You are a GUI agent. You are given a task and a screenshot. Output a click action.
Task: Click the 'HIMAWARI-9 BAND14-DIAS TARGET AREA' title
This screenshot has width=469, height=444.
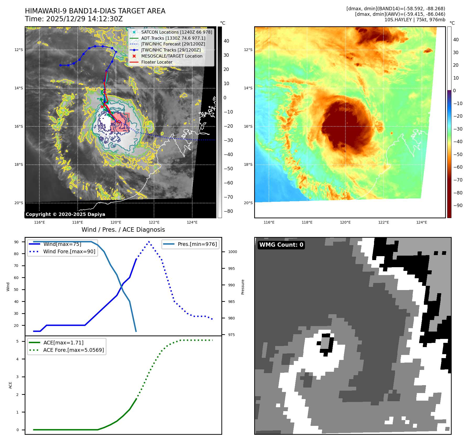tap(95, 11)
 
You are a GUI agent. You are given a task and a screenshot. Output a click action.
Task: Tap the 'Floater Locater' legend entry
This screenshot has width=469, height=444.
tap(157, 62)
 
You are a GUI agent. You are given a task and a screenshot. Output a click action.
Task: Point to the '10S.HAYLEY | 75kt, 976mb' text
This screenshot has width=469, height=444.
tap(415, 20)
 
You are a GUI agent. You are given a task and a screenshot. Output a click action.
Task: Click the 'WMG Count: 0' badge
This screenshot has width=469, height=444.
tap(281, 245)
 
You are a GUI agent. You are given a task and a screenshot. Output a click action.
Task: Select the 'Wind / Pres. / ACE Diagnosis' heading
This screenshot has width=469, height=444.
tap(123, 230)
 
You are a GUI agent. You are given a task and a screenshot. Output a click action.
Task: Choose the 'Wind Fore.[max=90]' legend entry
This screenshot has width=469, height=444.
tap(69, 251)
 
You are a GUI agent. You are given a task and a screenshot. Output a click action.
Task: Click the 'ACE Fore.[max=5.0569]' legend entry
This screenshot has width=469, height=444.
tap(73, 350)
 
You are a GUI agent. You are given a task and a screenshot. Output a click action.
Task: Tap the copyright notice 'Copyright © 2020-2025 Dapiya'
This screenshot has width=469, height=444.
tap(65, 214)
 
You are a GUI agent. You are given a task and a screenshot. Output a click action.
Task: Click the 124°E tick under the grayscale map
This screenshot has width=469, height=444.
tap(192, 222)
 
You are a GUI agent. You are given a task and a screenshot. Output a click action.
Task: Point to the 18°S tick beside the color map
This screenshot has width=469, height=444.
tap(248, 165)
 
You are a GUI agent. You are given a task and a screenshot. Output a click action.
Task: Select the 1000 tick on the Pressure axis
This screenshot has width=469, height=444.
tap(232, 252)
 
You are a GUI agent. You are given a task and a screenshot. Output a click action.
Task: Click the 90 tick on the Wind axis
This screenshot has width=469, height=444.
tap(16, 242)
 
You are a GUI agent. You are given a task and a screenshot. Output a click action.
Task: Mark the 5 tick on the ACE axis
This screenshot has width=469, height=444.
tap(17, 341)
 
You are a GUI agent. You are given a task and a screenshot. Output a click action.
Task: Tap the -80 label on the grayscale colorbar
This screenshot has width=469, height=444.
tap(228, 211)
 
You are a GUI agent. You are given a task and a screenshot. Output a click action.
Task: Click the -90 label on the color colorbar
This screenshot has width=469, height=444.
tap(458, 205)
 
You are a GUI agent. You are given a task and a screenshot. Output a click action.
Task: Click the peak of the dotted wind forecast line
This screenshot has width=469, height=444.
tap(149, 241)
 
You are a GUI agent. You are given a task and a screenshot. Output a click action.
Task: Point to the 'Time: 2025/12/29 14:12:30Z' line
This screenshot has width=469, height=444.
tap(74, 19)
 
